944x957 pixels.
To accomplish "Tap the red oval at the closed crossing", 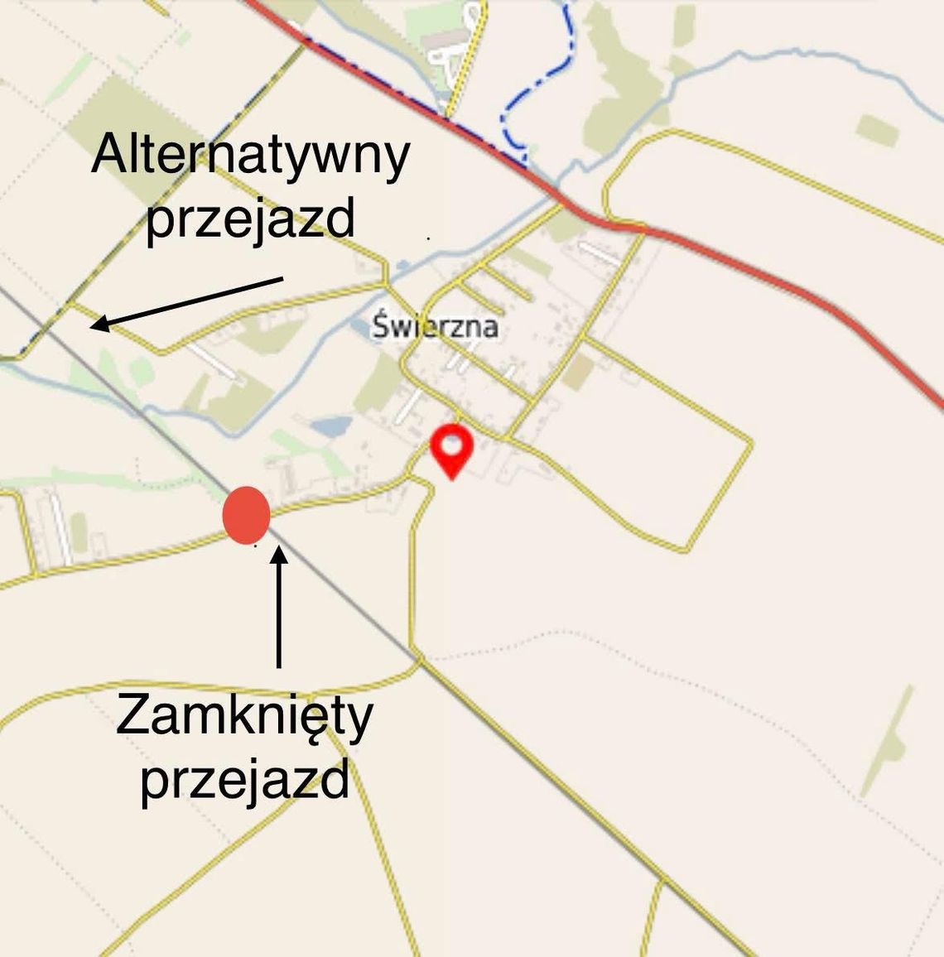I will pyautogui.click(x=247, y=515).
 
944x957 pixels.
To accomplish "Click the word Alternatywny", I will pyautogui.click(x=250, y=156).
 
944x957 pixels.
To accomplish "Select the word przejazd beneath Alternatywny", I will pyautogui.click(x=250, y=219).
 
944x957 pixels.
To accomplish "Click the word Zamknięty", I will pyautogui.click(x=244, y=716).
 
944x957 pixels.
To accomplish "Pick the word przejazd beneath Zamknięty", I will pyautogui.click(x=244, y=779).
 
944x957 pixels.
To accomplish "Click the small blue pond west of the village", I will pyautogui.click(x=330, y=426).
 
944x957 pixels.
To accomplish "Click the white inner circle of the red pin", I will pyautogui.click(x=451, y=444).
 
